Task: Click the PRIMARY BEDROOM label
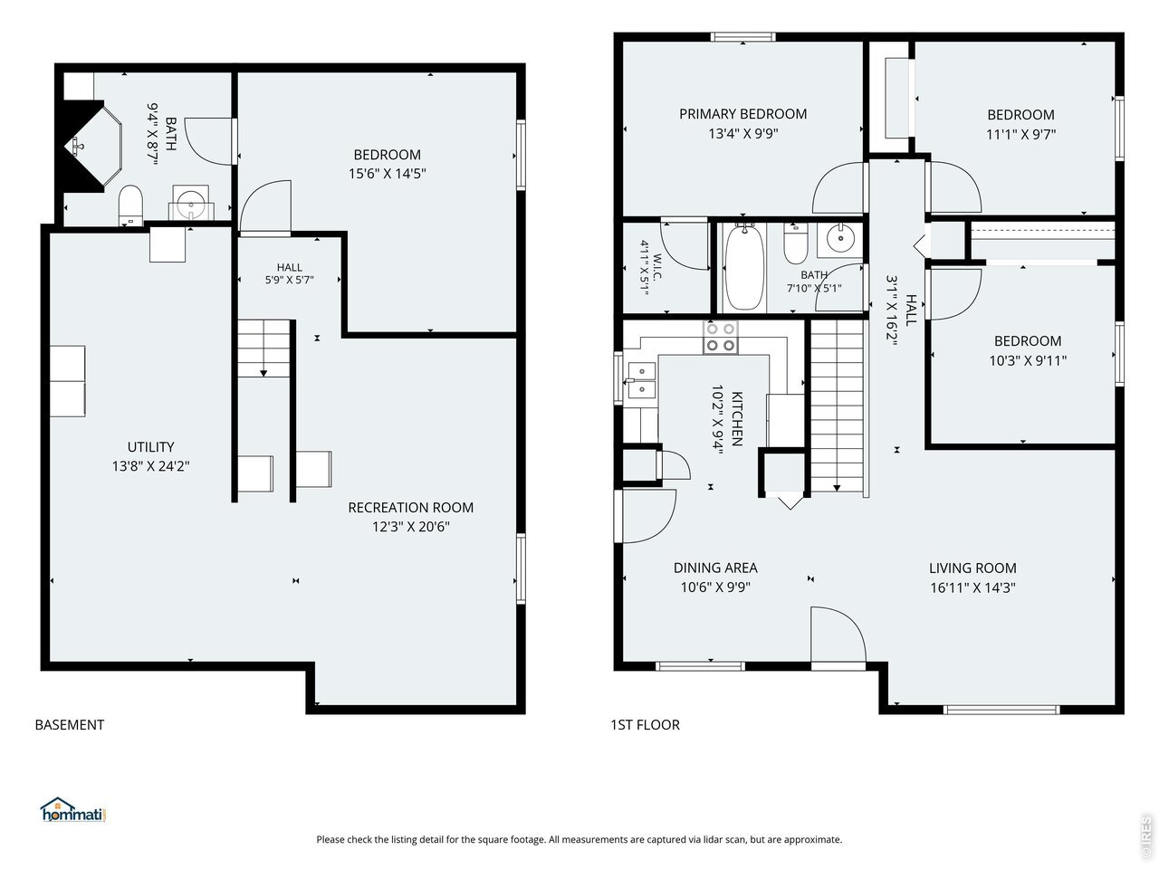point(742,114)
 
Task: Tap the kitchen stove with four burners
point(720,337)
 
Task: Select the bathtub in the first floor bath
point(744,267)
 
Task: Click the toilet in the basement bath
point(130,205)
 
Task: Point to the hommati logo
point(73,810)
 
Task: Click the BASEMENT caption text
point(69,725)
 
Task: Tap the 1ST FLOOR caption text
point(645,725)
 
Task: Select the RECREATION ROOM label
point(410,508)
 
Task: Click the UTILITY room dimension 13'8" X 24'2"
point(150,466)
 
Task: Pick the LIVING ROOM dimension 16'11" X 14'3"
point(972,587)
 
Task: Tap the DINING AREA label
point(715,568)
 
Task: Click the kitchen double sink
point(642,380)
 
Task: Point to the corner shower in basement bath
point(93,144)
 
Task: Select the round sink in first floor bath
point(839,240)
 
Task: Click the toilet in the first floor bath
point(795,244)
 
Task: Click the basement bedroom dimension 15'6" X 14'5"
point(387,174)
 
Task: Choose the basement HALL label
point(290,268)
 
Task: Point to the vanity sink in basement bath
point(191,203)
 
